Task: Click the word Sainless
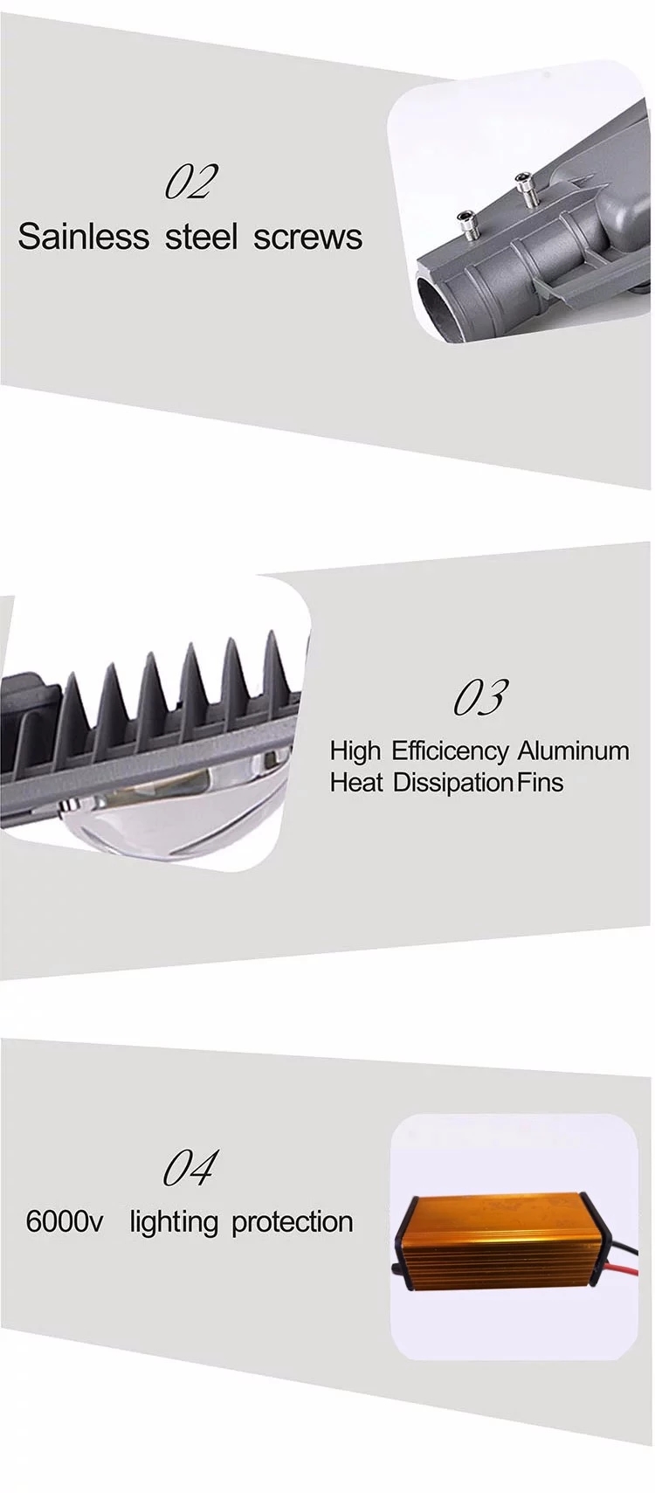click(x=83, y=237)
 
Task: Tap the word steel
click(x=200, y=237)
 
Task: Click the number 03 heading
click(x=479, y=697)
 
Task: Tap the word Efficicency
click(x=449, y=752)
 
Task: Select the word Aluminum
click(x=573, y=751)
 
